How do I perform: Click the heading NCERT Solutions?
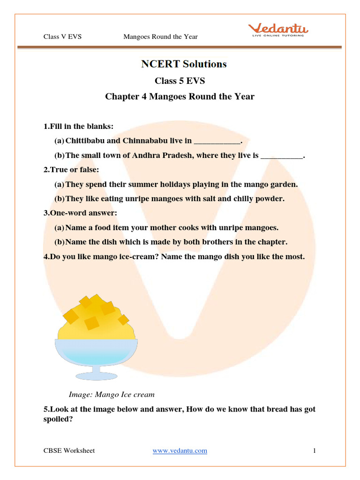[184, 64]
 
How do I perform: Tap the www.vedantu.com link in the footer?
[180, 450]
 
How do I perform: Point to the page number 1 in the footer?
[315, 450]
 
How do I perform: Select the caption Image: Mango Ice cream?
[112, 394]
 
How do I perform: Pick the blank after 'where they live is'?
[281, 155]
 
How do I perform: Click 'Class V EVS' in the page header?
[62, 37]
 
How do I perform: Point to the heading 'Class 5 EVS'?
[180, 81]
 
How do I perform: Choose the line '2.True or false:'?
[71, 170]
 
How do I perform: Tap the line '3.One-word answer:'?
[80, 213]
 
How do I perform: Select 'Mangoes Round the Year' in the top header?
[160, 37]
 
